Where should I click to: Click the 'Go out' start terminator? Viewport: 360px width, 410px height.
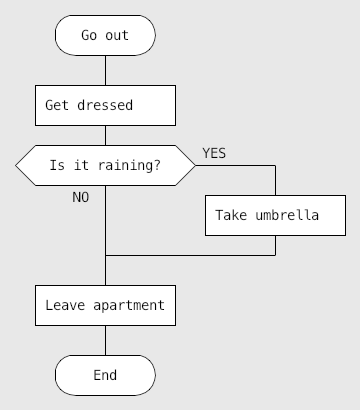pos(105,35)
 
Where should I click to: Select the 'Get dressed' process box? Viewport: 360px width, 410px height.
pos(105,105)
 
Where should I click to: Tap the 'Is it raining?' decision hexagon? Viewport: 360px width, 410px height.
pos(105,165)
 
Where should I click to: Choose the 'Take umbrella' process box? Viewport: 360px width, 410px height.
pos(275,215)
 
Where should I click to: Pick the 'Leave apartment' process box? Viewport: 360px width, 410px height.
pos(105,305)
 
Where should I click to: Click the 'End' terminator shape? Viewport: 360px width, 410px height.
pos(105,375)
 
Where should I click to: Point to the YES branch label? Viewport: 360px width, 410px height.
pos(214,153)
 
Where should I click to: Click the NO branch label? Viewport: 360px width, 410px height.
pos(81,197)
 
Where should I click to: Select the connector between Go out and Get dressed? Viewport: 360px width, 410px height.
pos(106,70)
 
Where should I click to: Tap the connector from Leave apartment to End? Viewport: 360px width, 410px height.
pos(106,340)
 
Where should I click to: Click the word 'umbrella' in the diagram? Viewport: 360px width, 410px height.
pos(287,215)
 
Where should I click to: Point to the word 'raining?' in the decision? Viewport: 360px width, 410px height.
pos(129,165)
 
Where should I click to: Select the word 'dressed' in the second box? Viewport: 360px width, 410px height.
pos(105,105)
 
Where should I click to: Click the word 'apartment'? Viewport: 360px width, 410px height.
pos(129,306)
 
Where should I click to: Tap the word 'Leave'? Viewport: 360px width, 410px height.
pos(65,305)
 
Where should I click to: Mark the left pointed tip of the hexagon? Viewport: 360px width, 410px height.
pos(16,165)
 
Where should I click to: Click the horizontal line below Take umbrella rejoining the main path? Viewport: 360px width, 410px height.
pos(190,255)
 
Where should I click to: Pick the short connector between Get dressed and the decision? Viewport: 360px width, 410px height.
pos(106,135)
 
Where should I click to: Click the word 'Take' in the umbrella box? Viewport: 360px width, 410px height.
pos(231,215)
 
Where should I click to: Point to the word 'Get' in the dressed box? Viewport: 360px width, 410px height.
pos(57,105)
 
